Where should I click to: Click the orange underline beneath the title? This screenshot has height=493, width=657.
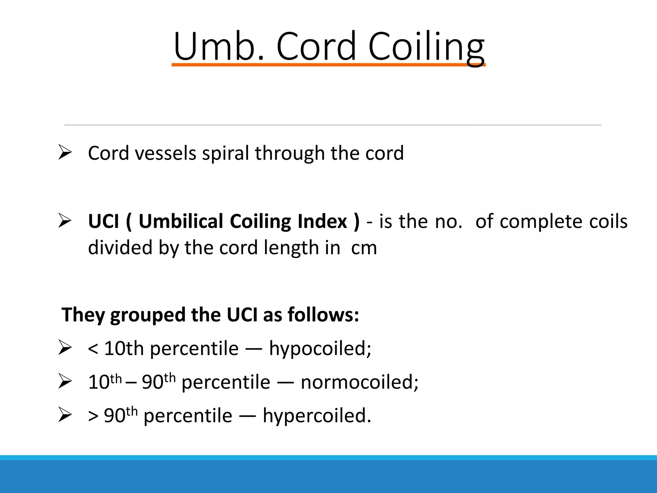click(x=328, y=65)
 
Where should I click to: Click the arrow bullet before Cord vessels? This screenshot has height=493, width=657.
click(x=65, y=152)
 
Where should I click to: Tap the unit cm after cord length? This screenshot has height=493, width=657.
click(x=364, y=248)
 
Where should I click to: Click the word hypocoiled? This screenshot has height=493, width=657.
click(x=320, y=349)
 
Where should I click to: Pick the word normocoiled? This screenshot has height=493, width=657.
click(x=359, y=383)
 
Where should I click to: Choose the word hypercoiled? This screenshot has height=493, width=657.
click(x=317, y=416)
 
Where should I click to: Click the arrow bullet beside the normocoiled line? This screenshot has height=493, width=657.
click(x=65, y=381)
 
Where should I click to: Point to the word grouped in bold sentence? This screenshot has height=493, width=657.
click(x=148, y=315)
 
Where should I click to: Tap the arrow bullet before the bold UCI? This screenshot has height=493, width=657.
click(x=65, y=221)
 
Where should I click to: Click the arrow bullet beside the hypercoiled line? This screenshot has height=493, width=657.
click(x=65, y=415)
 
